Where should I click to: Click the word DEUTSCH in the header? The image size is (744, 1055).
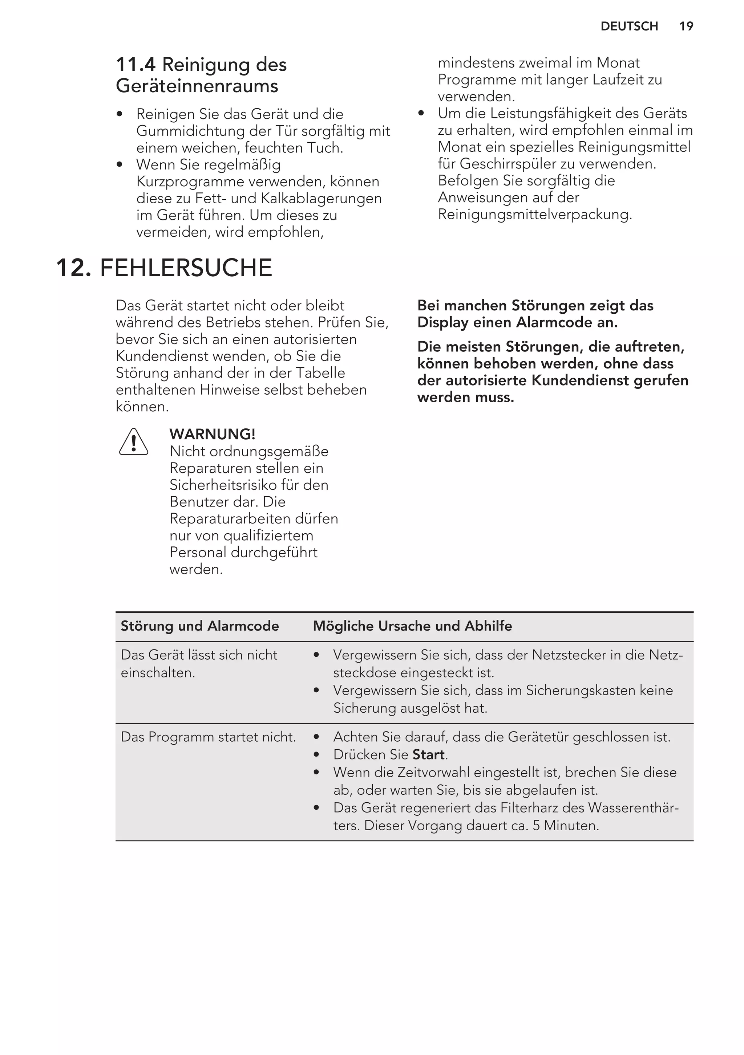629,26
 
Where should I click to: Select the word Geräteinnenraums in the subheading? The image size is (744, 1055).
197,86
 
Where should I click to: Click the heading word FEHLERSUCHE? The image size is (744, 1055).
186,268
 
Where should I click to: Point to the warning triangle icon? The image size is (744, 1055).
133,443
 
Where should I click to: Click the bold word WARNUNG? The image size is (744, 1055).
213,434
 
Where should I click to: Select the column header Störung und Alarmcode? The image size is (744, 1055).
199,626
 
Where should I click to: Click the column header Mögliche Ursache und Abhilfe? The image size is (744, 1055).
412,626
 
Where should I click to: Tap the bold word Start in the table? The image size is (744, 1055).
428,754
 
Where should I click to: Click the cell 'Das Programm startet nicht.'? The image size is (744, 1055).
208,737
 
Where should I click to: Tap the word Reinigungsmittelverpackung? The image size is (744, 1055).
534,214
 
